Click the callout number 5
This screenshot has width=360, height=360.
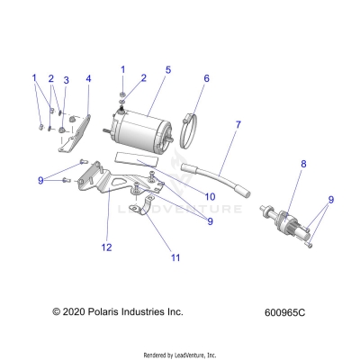(x=167, y=69)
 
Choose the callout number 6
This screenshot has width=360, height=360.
(x=205, y=78)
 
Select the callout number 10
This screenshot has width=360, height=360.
(x=209, y=196)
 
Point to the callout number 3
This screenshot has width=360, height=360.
(x=66, y=80)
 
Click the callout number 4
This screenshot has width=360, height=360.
(x=87, y=78)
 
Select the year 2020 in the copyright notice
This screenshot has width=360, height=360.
(x=80, y=311)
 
